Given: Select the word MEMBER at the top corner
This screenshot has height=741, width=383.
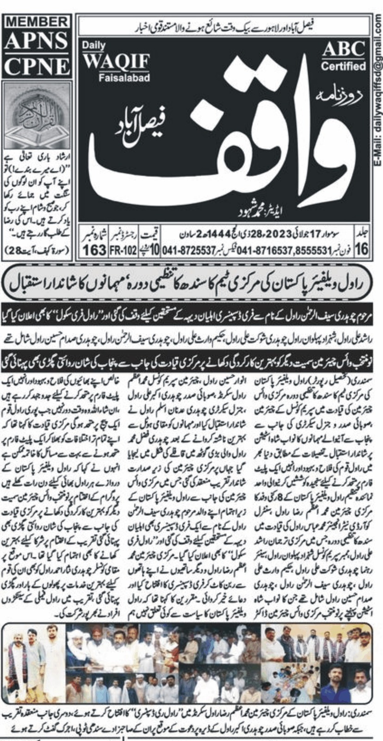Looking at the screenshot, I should click(x=37, y=22).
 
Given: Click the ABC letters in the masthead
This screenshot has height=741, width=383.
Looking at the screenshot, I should click(x=343, y=49).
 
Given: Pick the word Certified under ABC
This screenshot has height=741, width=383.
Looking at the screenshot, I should click(x=343, y=66).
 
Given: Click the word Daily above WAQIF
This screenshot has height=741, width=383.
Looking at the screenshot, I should click(x=94, y=45).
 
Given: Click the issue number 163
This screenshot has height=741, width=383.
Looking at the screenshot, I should click(x=95, y=251).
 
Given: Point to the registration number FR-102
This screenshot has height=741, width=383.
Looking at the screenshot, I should click(x=124, y=251).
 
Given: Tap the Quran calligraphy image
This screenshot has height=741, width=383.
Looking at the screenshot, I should click(x=37, y=116).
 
